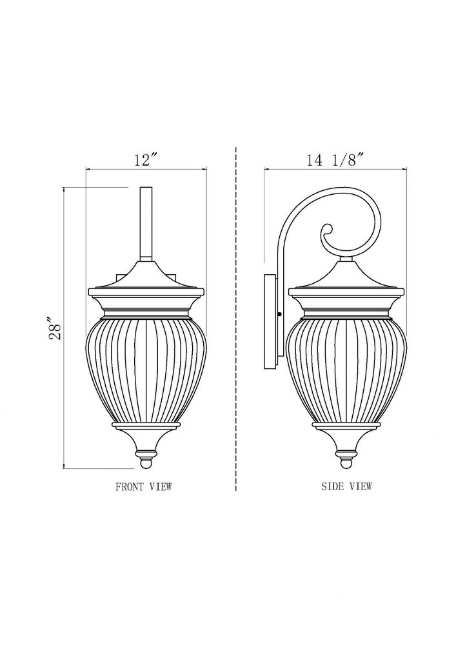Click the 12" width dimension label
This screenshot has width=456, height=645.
click(x=146, y=159)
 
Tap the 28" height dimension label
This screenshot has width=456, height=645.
click(x=55, y=328)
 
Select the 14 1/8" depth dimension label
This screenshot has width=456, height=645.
click(x=335, y=159)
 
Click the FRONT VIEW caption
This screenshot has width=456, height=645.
click(x=143, y=486)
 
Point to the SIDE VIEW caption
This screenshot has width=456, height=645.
click(x=346, y=486)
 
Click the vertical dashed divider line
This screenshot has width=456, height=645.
click(x=236, y=318)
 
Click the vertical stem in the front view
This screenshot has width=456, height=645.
click(x=146, y=224)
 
